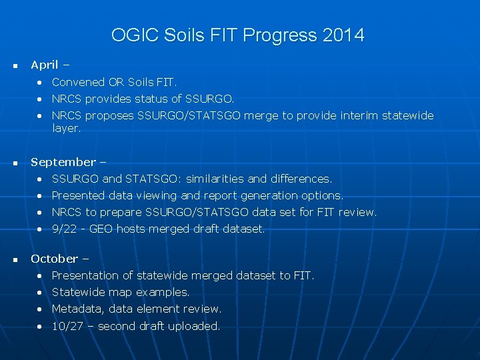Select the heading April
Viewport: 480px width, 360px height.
pos(45,65)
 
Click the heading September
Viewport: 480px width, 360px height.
pos(63,162)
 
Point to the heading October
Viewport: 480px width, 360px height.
pos(54,259)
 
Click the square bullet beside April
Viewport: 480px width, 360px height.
pos(15,66)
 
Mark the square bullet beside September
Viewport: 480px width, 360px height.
pos(15,163)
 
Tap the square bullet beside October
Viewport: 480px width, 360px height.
pos(15,259)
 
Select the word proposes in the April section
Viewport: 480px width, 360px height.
pos(110,116)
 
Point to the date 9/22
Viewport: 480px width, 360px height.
pos(63,229)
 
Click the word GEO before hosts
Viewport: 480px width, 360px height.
pos(102,229)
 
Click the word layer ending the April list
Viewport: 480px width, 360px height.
pos(65,129)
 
